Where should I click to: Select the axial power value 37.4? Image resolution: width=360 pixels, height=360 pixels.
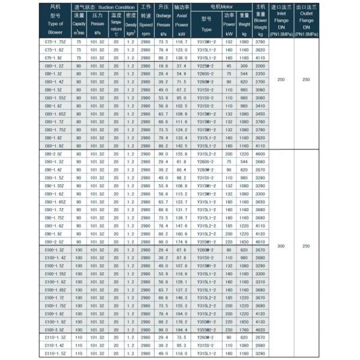pyautogui.click(x=182, y=65)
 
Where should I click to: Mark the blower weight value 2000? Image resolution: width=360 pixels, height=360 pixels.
pyautogui.click(x=260, y=65)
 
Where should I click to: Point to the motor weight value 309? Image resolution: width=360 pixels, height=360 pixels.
pyautogui.click(x=244, y=65)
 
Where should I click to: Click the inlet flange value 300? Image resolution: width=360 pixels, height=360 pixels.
pyautogui.click(x=281, y=246)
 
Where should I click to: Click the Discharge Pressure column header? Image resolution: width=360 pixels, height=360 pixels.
pyautogui.click(x=163, y=21)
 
